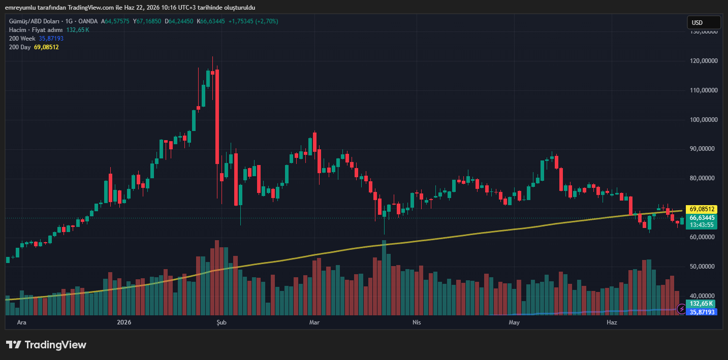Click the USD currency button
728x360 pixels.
(x=704, y=22)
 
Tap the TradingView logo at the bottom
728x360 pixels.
(x=46, y=345)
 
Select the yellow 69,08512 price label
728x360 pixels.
(x=702, y=209)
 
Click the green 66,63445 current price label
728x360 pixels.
(x=702, y=218)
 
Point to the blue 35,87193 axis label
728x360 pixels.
(x=702, y=312)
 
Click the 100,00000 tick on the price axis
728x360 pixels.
(x=704, y=119)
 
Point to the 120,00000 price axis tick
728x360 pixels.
(x=704, y=61)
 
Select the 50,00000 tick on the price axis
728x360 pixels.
(x=704, y=267)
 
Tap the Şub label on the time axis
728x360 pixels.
(x=221, y=322)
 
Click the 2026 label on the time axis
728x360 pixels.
(x=124, y=322)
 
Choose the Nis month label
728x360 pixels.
(x=417, y=322)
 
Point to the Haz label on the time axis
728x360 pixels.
(x=612, y=322)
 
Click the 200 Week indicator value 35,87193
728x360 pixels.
(x=51, y=39)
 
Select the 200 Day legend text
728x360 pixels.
(x=20, y=47)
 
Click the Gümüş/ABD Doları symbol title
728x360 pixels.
(x=34, y=21)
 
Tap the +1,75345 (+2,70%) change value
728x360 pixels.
(x=253, y=21)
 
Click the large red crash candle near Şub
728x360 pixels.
(x=217, y=117)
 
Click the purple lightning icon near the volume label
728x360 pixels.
(x=681, y=309)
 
